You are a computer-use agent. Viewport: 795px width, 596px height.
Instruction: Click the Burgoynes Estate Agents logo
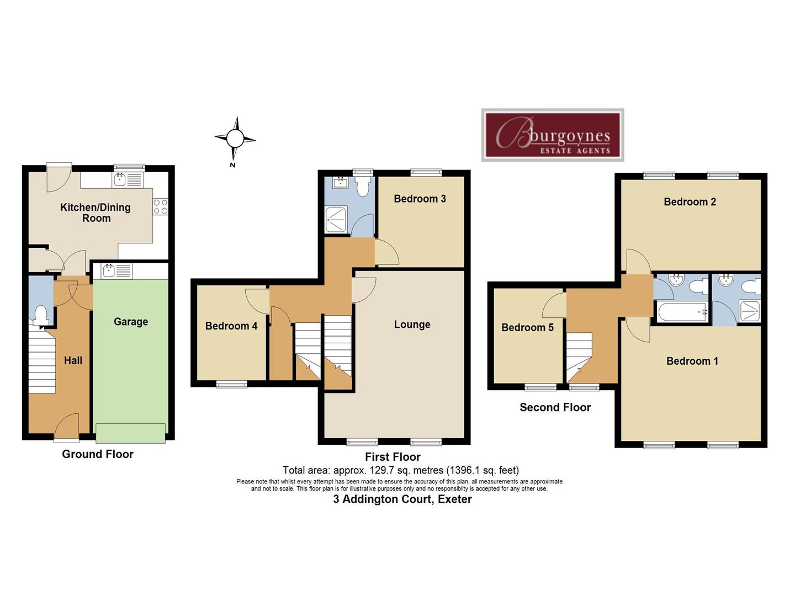553,135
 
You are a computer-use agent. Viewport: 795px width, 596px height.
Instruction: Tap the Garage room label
131,322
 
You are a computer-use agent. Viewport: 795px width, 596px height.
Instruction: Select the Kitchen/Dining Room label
96,212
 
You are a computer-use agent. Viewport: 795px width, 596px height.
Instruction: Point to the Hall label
73,360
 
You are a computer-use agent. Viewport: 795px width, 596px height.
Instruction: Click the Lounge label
412,324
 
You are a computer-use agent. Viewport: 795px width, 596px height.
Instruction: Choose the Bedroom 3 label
420,199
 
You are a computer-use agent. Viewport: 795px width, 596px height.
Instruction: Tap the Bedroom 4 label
231,326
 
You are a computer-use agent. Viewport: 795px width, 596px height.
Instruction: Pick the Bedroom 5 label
527,327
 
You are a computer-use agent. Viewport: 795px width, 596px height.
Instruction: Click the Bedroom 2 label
690,202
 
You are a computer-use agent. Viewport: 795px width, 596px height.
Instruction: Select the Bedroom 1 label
692,361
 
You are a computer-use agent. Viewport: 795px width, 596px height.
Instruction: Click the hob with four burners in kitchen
160,207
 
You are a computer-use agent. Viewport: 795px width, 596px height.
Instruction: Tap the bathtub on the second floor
682,312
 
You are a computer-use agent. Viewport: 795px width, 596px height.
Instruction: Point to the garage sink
108,270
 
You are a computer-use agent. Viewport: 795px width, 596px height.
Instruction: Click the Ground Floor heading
98,454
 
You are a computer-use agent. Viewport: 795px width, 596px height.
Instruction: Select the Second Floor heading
555,407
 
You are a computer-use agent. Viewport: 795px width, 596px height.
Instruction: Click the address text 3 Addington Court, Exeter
402,499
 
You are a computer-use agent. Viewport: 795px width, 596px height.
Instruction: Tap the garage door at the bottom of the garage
130,433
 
